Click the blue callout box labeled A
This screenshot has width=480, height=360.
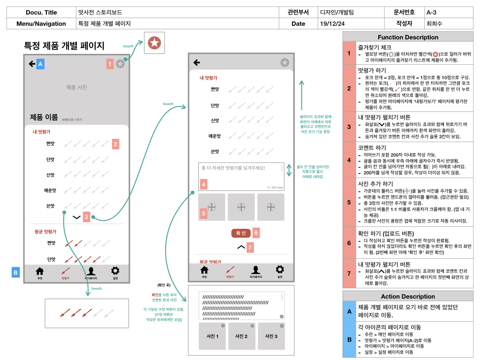pyautogui.click(x=40, y=64)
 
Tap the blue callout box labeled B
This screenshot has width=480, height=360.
pyautogui.click(x=15, y=272)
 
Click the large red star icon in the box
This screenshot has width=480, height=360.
pyautogui.click(x=154, y=43)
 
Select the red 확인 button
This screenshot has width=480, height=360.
pyautogui.click(x=240, y=233)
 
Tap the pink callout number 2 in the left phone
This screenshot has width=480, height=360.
pyautogui.click(x=115, y=144)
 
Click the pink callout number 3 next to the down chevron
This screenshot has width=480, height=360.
pyautogui.click(x=86, y=217)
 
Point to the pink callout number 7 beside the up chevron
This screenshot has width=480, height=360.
pyautogui.click(x=250, y=247)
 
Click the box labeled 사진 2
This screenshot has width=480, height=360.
pyautogui.click(x=241, y=336)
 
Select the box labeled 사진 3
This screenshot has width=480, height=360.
pyautogui.click(x=271, y=336)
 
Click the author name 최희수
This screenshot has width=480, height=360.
pyautogui.click(x=434, y=23)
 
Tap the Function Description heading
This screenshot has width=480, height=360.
pyautogui.click(x=408, y=37)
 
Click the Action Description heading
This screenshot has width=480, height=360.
pyautogui.click(x=408, y=296)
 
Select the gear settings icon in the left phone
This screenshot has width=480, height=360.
pyautogui.click(x=115, y=271)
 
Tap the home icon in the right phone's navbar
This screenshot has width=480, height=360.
pyautogui.click(x=204, y=270)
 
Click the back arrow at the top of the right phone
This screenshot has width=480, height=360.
pyautogui.click(x=197, y=62)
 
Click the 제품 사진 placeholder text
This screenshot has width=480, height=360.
pyautogui.click(x=76, y=87)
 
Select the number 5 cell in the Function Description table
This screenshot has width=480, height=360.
pyautogui.click(x=349, y=202)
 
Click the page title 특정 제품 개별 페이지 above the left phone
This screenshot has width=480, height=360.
pyautogui.click(x=64, y=46)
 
